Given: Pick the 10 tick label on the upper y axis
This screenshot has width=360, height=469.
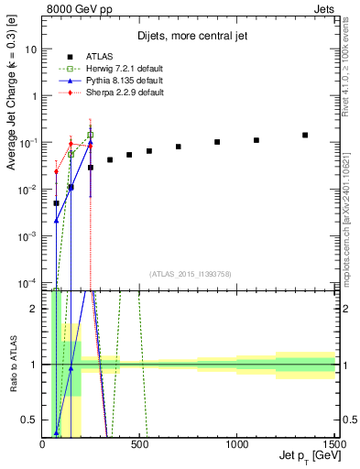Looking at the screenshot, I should [30, 49].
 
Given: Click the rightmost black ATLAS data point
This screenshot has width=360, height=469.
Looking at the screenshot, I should [305, 135].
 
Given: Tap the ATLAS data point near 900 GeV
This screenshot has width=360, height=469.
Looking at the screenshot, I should [217, 142].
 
